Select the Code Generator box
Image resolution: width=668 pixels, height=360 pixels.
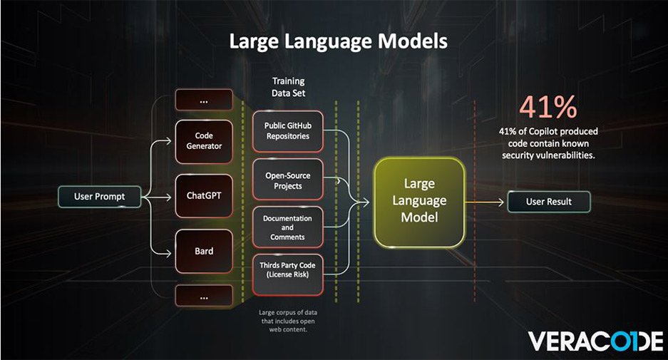[204, 140]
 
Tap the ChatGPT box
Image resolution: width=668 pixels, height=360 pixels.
[204, 195]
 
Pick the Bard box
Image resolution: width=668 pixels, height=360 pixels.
[204, 251]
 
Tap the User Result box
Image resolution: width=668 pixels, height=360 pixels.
[549, 202]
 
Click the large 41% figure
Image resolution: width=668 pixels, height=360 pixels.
[548, 107]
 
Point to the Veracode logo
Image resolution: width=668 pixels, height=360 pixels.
[596, 341]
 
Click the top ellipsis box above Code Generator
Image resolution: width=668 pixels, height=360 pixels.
[204, 101]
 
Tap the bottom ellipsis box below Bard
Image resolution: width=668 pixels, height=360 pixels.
[204, 295]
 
